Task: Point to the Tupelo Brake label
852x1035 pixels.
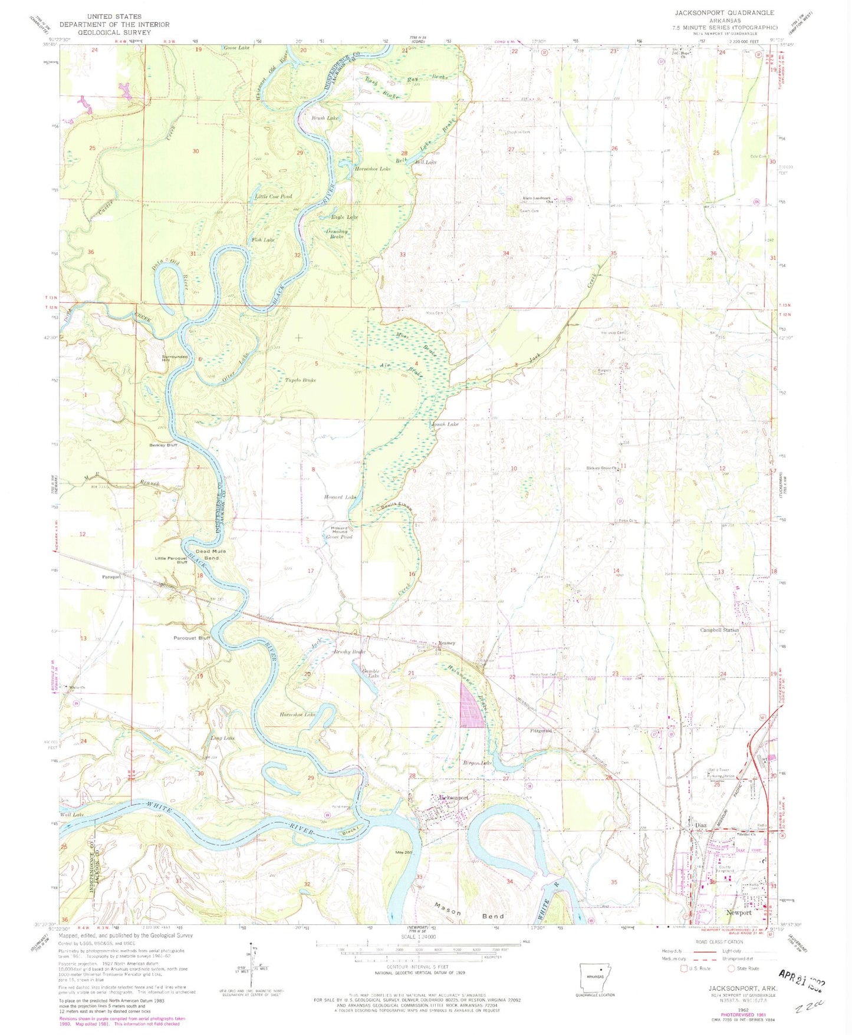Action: pos(301,380)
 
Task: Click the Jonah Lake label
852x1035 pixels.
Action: pos(444,424)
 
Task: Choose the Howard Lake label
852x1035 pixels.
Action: pos(340,497)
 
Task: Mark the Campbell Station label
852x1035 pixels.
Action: pos(719,630)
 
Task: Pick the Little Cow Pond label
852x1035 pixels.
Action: pos(273,196)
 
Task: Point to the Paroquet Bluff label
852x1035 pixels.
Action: pos(192,638)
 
